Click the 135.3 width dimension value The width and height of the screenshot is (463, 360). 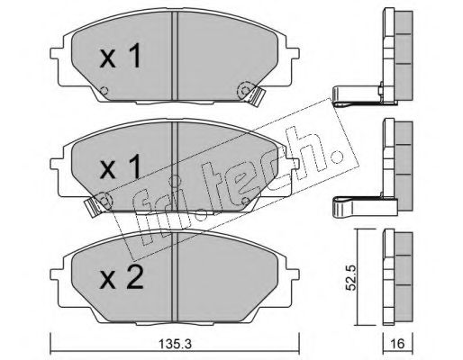(175, 344)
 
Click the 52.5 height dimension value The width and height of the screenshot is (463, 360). (350, 278)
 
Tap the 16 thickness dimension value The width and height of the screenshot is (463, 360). (398, 344)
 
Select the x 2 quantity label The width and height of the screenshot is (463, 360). (122, 277)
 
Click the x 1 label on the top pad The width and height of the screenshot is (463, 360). (121, 56)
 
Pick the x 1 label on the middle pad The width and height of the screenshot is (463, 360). (121, 166)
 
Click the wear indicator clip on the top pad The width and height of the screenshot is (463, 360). (256, 95)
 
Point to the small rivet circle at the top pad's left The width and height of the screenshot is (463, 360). (104, 90)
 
